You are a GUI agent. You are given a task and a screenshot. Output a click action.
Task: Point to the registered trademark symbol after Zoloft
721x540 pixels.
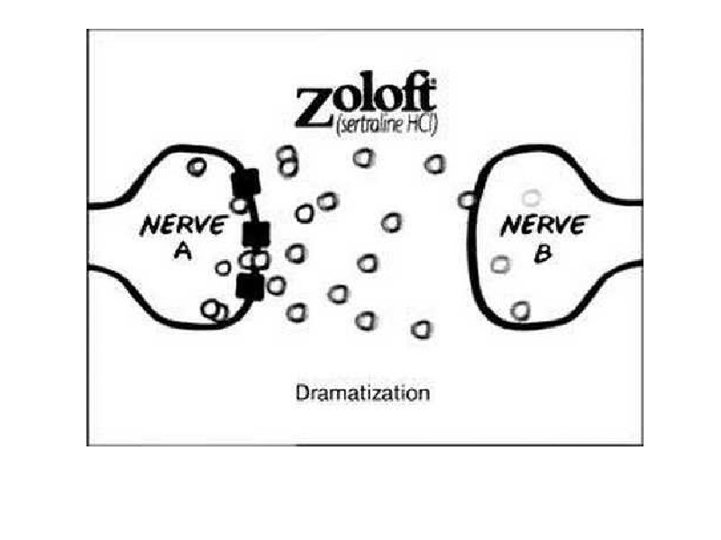click(x=433, y=83)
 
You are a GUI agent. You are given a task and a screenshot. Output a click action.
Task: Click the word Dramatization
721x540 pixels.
click(x=363, y=393)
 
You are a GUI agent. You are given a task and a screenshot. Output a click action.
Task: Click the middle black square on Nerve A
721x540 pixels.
click(x=256, y=234)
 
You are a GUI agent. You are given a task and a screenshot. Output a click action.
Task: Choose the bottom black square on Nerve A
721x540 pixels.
click(x=250, y=286)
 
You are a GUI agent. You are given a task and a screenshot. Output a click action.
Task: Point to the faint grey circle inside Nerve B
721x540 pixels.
click(x=532, y=197)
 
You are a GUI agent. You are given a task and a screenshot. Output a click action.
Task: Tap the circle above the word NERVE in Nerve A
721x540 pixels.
click(x=196, y=166)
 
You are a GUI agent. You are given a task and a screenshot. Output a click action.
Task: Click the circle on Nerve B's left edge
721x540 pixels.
click(x=467, y=200)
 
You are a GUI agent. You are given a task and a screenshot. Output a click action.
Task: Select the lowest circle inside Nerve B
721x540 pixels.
click(x=519, y=310)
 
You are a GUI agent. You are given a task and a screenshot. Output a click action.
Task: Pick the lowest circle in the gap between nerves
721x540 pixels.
click(x=421, y=329)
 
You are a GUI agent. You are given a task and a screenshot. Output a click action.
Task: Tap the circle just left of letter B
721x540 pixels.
click(x=500, y=265)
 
